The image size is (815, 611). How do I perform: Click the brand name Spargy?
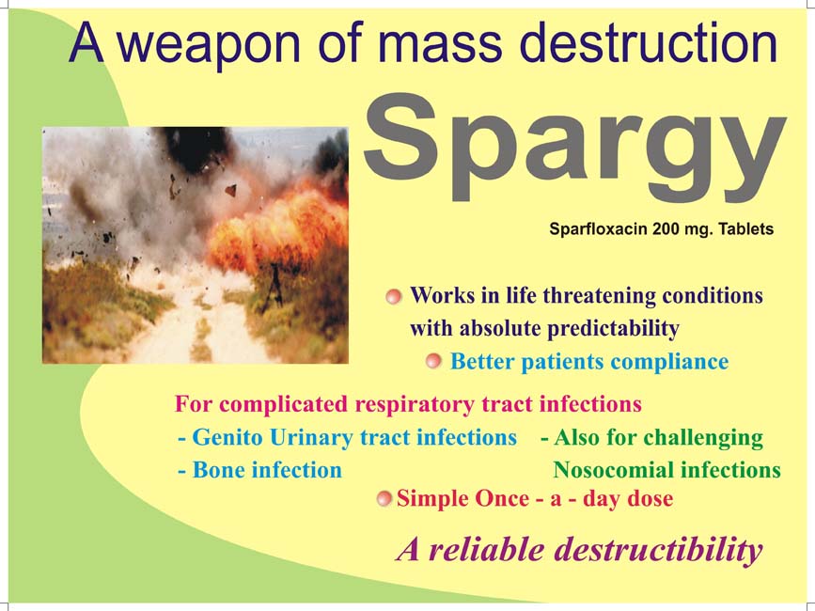(573, 149)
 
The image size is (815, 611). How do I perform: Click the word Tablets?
(745, 228)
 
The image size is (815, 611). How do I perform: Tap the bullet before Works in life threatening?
(394, 297)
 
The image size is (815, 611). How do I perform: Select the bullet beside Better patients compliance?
(433, 361)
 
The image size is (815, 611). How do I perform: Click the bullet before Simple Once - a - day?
(384, 499)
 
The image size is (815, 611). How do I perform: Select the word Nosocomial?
(613, 470)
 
